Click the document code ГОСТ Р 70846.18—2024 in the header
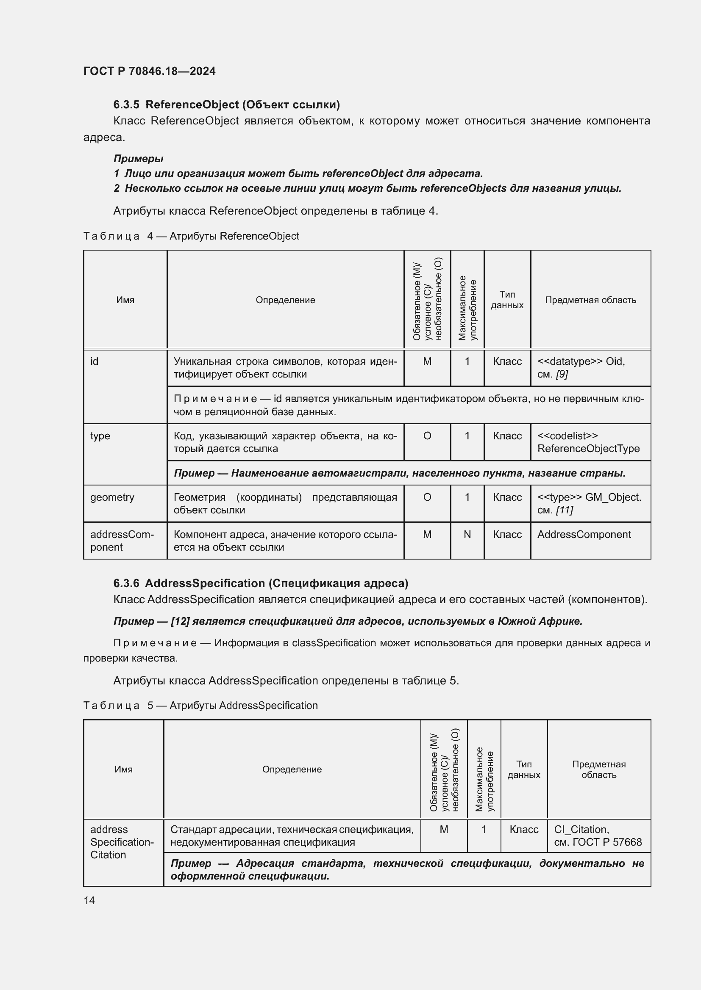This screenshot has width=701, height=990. pos(149,71)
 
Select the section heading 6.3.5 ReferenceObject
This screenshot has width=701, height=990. pos(226,105)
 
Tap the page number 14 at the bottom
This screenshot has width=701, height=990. pos(89,900)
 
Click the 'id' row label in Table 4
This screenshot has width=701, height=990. pos(94,361)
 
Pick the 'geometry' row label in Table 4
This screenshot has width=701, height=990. pos(112,497)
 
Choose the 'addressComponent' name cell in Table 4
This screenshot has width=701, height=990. pos(122,541)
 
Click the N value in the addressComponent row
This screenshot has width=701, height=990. pos(467,535)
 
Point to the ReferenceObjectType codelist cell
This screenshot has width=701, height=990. pos(588,442)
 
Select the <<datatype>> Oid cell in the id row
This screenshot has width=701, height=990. pos(581,367)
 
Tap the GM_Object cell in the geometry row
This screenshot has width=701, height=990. pos(589,503)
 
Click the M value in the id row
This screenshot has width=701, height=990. pos(427,361)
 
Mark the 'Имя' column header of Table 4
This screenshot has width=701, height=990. pos(125,300)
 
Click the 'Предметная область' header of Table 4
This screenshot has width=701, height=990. pos(590,300)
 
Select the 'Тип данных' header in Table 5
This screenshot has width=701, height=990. pos(523,769)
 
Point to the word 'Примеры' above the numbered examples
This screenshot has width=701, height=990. pos(138,159)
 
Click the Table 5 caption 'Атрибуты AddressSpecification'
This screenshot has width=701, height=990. pos(243,706)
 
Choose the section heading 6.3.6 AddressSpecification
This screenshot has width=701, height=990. pos(260,583)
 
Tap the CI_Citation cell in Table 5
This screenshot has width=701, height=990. pos(598,836)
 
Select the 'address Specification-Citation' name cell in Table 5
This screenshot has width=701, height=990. pos(122,842)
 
